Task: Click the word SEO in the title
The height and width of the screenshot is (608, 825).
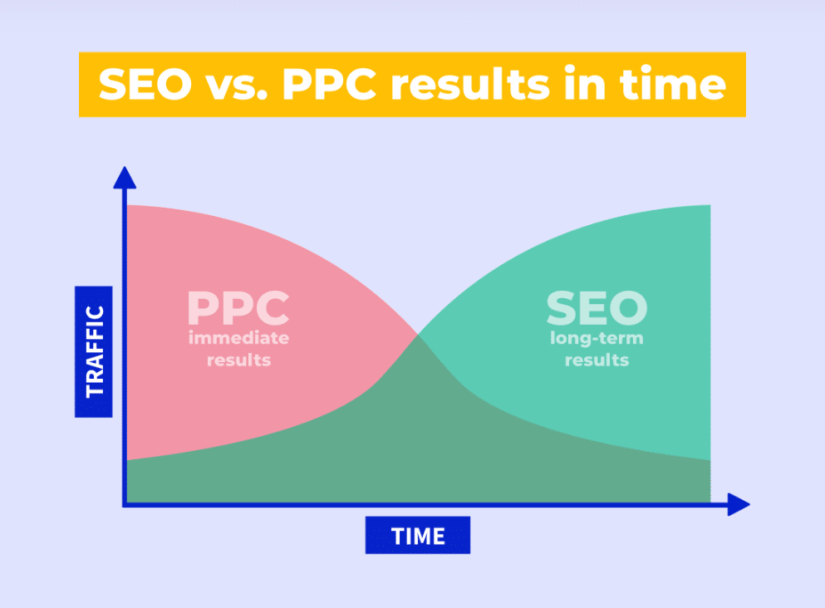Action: pyautogui.click(x=146, y=85)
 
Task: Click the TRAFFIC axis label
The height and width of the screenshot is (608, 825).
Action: pyautogui.click(x=94, y=351)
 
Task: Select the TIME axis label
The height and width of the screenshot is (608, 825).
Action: pyautogui.click(x=417, y=536)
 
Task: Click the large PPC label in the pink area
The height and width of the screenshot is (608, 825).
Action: pyautogui.click(x=238, y=308)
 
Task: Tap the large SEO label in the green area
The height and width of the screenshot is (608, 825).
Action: pyautogui.click(x=596, y=308)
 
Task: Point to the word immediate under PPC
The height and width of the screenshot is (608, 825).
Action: pyautogui.click(x=238, y=339)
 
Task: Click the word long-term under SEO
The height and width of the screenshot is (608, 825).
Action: pyautogui.click(x=597, y=339)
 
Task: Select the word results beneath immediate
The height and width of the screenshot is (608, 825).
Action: pyautogui.click(x=238, y=360)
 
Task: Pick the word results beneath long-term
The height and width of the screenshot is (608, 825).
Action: pyautogui.click(x=597, y=360)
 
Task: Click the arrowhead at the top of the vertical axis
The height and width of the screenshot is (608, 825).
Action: pyautogui.click(x=125, y=177)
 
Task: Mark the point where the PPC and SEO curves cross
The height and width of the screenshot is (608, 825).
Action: pyautogui.click(x=418, y=334)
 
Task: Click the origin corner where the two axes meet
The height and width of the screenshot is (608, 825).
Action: pyautogui.click(x=125, y=503)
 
